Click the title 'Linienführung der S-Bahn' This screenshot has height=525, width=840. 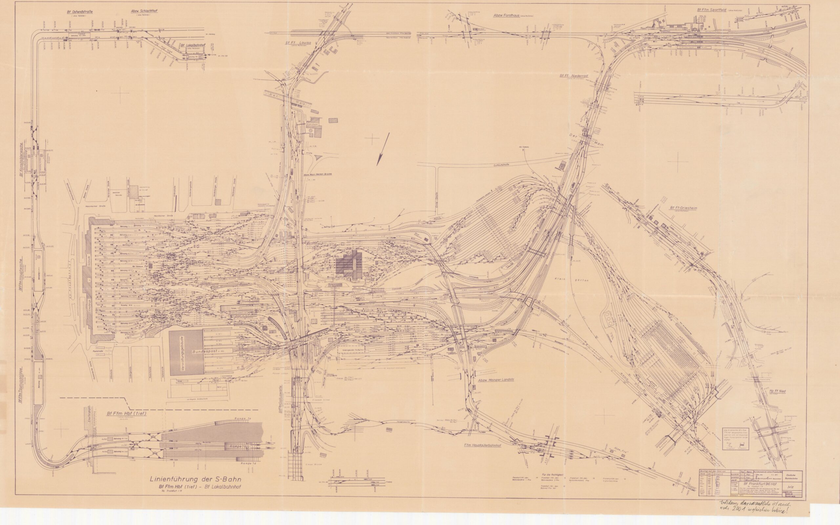[196, 479]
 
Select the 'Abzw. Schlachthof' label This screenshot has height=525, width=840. [144, 11]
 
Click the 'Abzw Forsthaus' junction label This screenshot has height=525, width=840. [507, 15]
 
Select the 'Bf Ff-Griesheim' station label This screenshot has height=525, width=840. [683, 208]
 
